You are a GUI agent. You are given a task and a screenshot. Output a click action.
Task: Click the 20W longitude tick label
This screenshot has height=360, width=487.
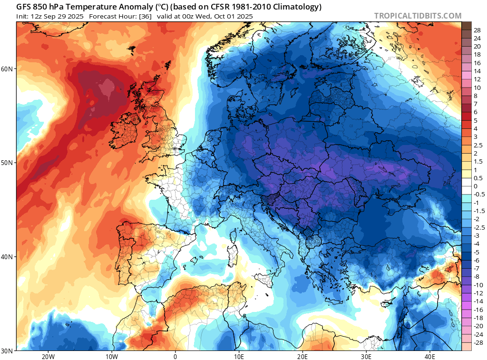[48, 356]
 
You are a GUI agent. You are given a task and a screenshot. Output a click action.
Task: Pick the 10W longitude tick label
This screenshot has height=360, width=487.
[111, 356]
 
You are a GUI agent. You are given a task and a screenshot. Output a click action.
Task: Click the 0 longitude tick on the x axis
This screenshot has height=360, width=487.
[175, 356]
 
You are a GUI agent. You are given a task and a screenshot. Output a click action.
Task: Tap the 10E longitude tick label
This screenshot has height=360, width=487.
[239, 356]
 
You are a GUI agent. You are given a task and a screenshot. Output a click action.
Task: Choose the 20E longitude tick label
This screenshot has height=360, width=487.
[302, 356]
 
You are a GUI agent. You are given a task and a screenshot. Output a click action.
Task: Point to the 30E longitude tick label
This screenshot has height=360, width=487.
[366, 356]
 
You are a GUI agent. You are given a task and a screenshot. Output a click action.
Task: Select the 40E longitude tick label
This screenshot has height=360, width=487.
[430, 356]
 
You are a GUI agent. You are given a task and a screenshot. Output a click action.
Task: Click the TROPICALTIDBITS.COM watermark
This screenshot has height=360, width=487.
[418, 16]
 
